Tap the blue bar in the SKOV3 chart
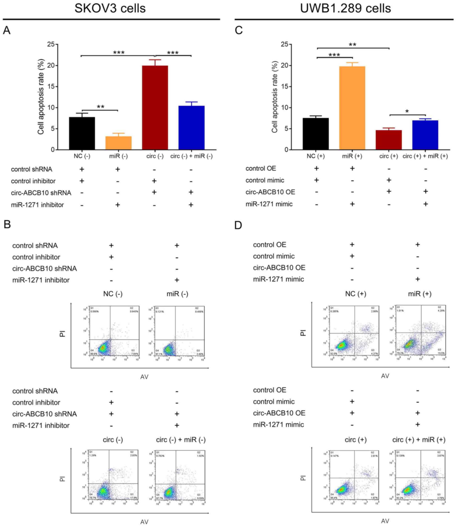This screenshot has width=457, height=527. pos(191,128)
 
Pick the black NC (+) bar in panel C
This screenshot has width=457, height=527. pos(315,134)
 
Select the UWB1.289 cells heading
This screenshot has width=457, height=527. pos(345,8)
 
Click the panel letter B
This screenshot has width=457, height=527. pos(7,224)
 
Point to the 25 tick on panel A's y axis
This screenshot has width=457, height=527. pos(51,44)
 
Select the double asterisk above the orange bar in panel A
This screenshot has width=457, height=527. pos(101,107)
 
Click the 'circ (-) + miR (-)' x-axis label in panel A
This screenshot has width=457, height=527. pos(191,156)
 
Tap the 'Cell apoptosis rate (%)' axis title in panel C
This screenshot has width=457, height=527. pos(275,97)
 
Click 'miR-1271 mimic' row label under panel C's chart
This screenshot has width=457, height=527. pos(269,204)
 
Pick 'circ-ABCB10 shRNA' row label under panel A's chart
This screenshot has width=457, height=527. pos(41,193)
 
